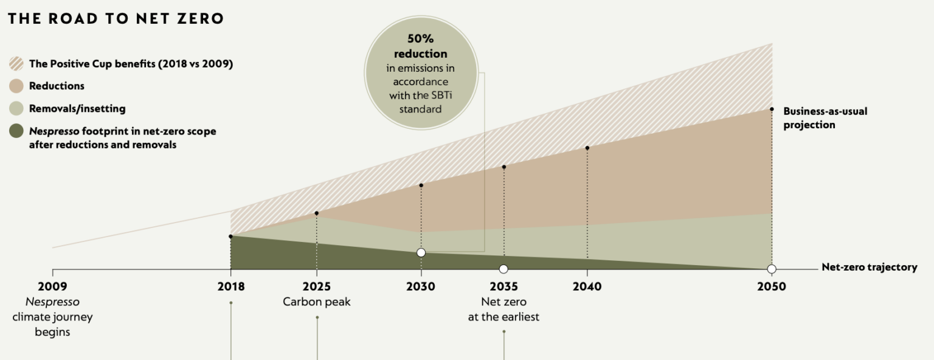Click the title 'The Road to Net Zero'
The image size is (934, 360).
pos(116,18)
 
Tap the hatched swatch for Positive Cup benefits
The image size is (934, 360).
pos(16,63)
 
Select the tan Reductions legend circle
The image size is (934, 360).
pos(16,86)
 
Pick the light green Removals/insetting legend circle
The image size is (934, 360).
pos(16,109)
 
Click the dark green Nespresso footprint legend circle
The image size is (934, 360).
pos(16,131)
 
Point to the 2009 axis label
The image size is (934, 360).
pos(52,286)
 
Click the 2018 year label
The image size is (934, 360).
pos(230,286)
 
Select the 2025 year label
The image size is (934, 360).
pos(316,286)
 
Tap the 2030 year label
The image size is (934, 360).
pos(421,286)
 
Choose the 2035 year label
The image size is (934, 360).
pos(503,286)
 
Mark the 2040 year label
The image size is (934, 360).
pos(587,286)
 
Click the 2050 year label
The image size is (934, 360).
pos(771,286)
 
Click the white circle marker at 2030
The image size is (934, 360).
pos(421,252)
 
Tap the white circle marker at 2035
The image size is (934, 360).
pos(503,269)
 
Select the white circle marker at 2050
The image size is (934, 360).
pos(772,269)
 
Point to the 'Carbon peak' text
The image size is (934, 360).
pos(316,302)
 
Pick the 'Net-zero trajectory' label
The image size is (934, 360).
pos(869,267)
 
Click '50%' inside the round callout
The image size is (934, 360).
pos(420,40)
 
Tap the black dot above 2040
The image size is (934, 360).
pos(587,148)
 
